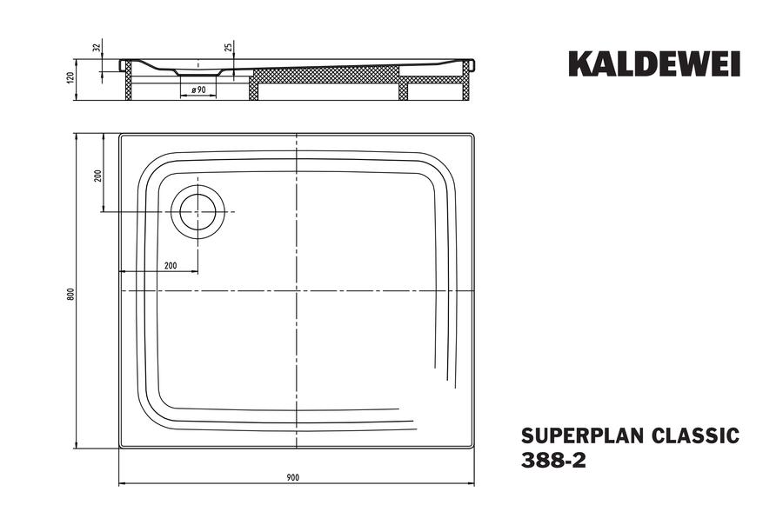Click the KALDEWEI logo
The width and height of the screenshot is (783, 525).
654,63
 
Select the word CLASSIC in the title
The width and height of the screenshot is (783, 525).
695,435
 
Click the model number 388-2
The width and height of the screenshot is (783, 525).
553,461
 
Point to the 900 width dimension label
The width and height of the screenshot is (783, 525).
293,477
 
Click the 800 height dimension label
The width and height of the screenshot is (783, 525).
71,295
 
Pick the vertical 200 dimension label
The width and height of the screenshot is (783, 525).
98,176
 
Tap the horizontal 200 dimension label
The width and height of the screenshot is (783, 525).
171,265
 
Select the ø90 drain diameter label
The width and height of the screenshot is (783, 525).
198,90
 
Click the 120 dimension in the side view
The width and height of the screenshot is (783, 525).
70,78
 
